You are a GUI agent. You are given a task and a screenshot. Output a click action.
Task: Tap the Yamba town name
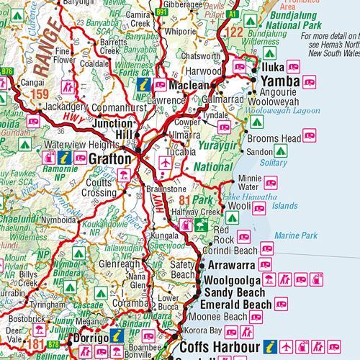pos(279,81)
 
